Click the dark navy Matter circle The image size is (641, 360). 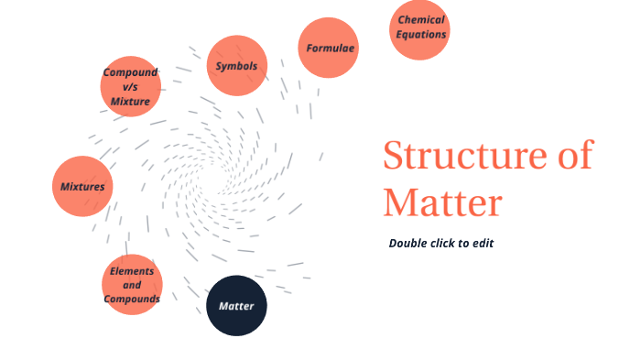(236, 306)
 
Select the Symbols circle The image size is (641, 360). (236, 66)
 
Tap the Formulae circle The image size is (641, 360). (329, 48)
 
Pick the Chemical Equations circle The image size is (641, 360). (420, 28)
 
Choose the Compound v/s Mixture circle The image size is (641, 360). (131, 86)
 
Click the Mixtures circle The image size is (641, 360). (82, 187)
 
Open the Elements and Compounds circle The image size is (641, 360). (132, 285)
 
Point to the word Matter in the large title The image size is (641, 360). (442, 202)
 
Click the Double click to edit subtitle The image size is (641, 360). (441, 243)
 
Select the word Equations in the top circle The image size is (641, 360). (421, 35)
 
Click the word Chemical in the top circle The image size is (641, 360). (421, 20)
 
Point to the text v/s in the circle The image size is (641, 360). (130, 86)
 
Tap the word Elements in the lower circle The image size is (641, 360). (132, 271)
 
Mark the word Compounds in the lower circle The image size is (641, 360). (132, 299)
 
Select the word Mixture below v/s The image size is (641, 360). (130, 101)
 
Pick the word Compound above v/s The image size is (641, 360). (130, 72)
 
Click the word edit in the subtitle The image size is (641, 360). (483, 243)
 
